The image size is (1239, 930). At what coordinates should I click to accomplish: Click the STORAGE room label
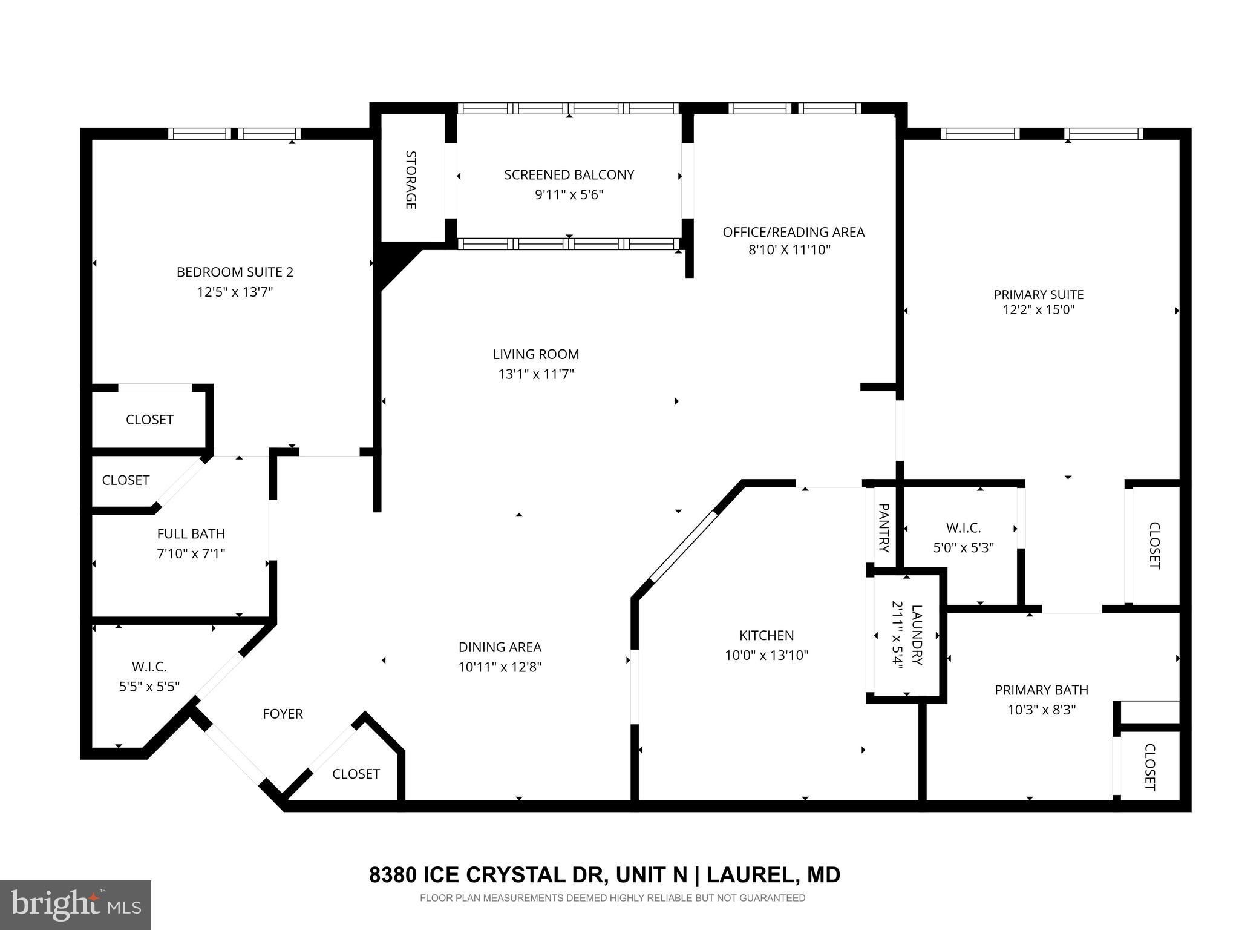(x=410, y=180)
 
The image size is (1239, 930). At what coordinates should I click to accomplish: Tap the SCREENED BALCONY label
(x=569, y=175)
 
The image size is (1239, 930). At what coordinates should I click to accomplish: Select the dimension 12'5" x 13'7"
(x=235, y=292)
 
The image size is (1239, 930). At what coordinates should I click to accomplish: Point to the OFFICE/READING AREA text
(x=794, y=232)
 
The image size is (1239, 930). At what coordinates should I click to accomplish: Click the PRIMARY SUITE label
(x=1039, y=295)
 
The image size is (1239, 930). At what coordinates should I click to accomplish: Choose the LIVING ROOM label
(x=536, y=354)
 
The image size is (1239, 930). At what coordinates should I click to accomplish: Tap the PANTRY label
(x=883, y=528)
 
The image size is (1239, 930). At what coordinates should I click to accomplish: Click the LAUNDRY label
(x=917, y=635)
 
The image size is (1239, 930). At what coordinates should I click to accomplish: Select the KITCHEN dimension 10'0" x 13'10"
(x=767, y=655)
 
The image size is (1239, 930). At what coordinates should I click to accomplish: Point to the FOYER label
(x=283, y=714)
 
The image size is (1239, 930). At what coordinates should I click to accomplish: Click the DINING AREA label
(x=500, y=647)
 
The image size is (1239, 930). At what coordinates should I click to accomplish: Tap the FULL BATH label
(x=191, y=533)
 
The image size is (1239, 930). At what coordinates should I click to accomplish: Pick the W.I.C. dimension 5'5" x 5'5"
(x=149, y=687)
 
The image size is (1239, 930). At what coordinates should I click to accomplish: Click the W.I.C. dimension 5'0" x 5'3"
(x=964, y=548)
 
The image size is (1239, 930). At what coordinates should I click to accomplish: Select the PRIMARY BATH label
(x=1041, y=690)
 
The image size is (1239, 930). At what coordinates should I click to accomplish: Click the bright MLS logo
(x=76, y=905)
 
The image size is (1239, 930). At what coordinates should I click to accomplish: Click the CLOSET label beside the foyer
(x=356, y=774)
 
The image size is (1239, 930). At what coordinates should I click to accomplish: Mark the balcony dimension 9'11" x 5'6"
(x=569, y=195)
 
